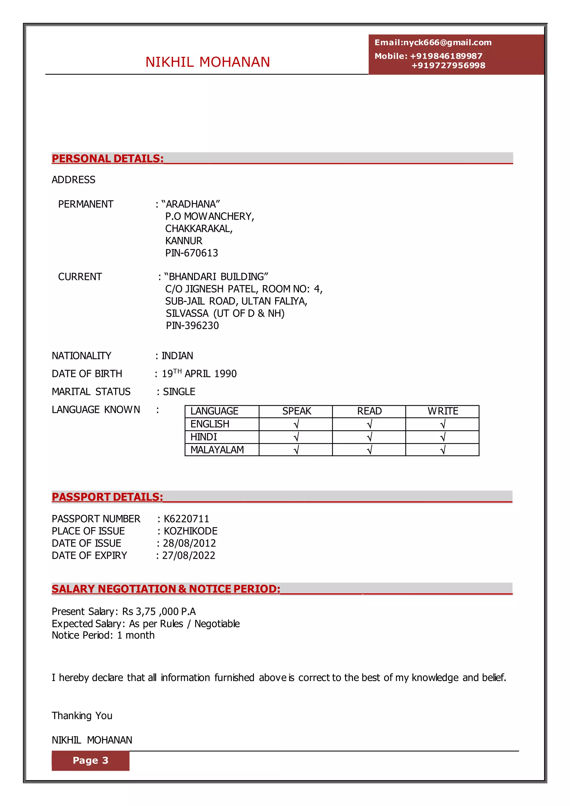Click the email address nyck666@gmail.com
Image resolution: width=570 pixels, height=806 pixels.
(x=447, y=43)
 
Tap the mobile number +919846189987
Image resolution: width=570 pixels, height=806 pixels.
(x=446, y=56)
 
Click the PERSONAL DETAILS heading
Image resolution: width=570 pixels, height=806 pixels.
(x=108, y=159)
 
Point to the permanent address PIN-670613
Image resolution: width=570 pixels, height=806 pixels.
(x=192, y=253)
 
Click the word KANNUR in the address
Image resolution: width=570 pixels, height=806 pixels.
(x=184, y=241)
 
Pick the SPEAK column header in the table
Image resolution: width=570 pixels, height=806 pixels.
(x=297, y=411)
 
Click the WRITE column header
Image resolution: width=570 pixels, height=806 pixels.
(x=443, y=411)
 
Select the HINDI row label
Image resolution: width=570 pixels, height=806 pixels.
(x=203, y=437)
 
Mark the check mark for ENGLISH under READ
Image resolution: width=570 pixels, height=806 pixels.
(x=369, y=424)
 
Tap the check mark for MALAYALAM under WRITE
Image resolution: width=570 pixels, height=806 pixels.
(x=443, y=450)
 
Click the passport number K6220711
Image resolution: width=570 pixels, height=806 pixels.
(x=186, y=519)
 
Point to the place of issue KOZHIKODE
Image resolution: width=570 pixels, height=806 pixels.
(x=191, y=531)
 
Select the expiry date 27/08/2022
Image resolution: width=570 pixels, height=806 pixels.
(x=188, y=555)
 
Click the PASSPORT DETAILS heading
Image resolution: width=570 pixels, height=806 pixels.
(x=107, y=497)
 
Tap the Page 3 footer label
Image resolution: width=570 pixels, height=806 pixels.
(x=90, y=760)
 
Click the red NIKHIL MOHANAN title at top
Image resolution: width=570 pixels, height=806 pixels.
(x=208, y=62)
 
